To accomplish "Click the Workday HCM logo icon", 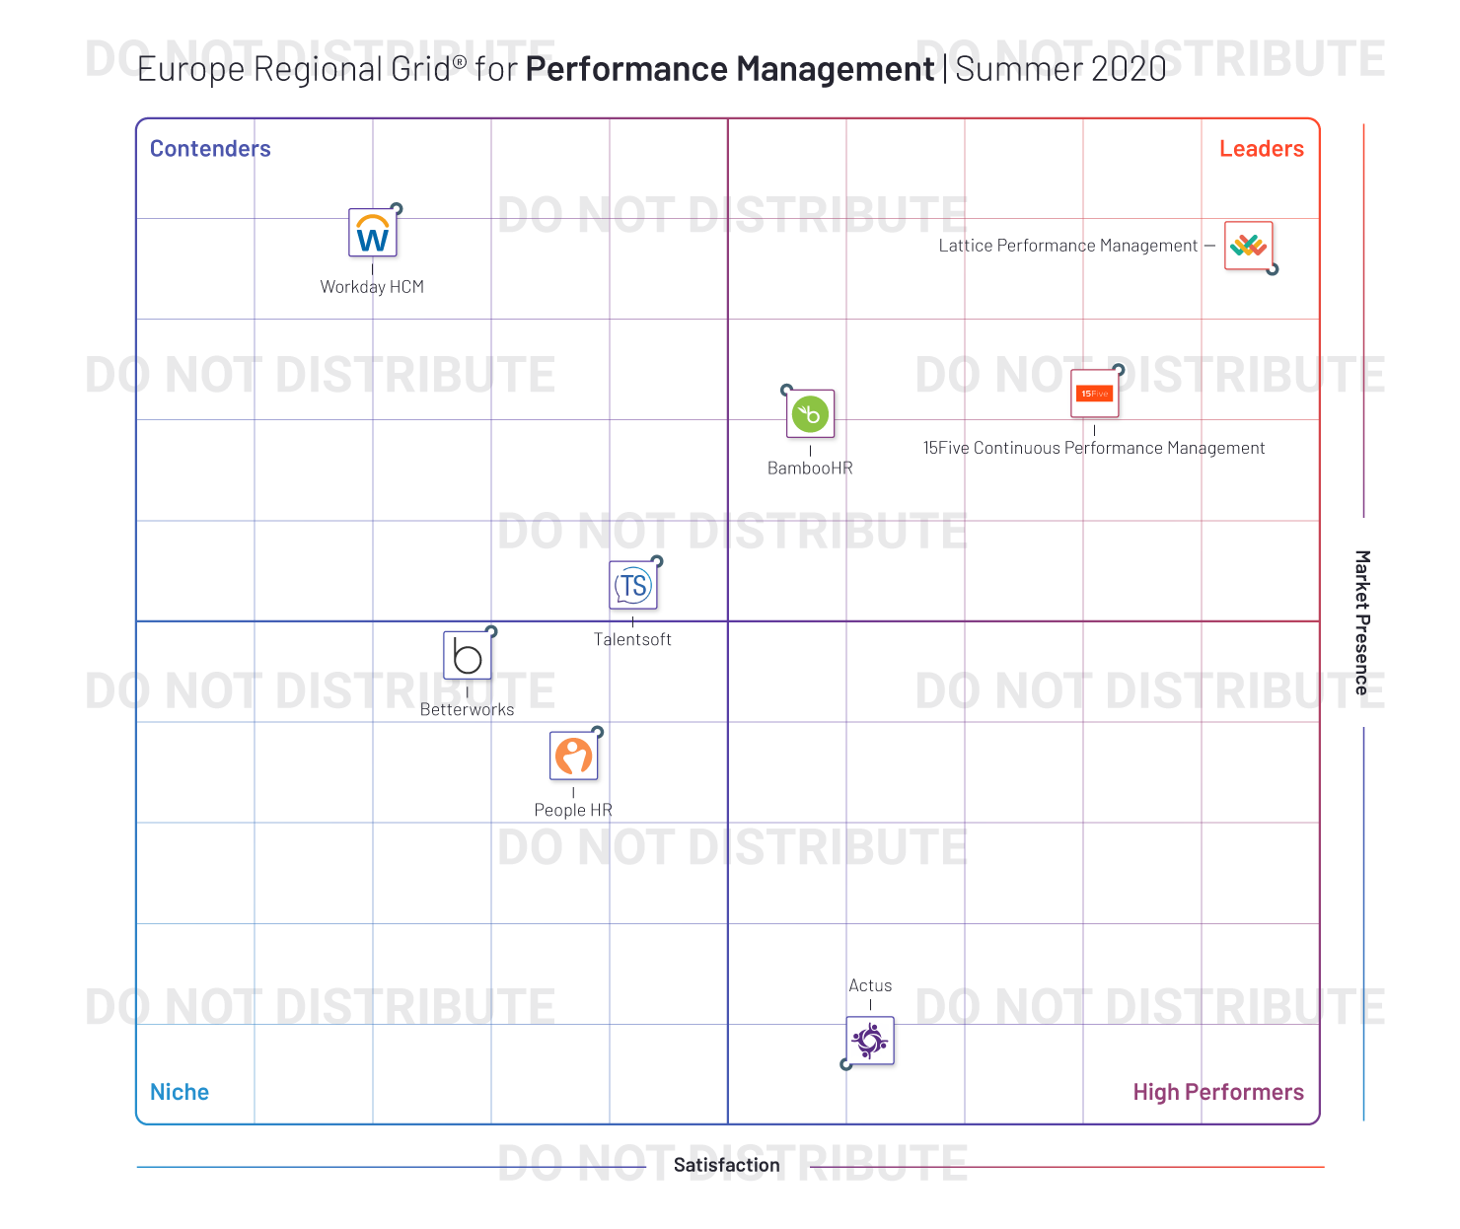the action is (372, 233).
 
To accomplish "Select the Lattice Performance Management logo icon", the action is (1249, 246).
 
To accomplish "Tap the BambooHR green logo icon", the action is (811, 414).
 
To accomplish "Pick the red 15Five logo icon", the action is (1095, 394).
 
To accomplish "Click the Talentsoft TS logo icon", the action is (633, 585).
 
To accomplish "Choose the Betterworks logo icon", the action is (468, 656).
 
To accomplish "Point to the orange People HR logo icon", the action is (574, 756).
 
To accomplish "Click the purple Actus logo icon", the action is (870, 1041).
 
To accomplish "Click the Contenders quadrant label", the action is (210, 148).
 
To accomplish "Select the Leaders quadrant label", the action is (1262, 148).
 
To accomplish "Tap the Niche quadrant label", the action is (180, 1092).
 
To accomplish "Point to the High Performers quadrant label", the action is (1218, 1092).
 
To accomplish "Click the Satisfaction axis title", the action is (727, 1165).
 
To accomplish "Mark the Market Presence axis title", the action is (1362, 623).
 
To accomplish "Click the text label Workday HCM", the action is (372, 287).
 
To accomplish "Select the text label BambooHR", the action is (811, 468).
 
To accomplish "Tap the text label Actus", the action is (870, 985).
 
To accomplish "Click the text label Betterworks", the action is (467, 709).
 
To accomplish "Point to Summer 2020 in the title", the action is (1060, 68).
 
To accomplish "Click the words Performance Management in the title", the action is (730, 68).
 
